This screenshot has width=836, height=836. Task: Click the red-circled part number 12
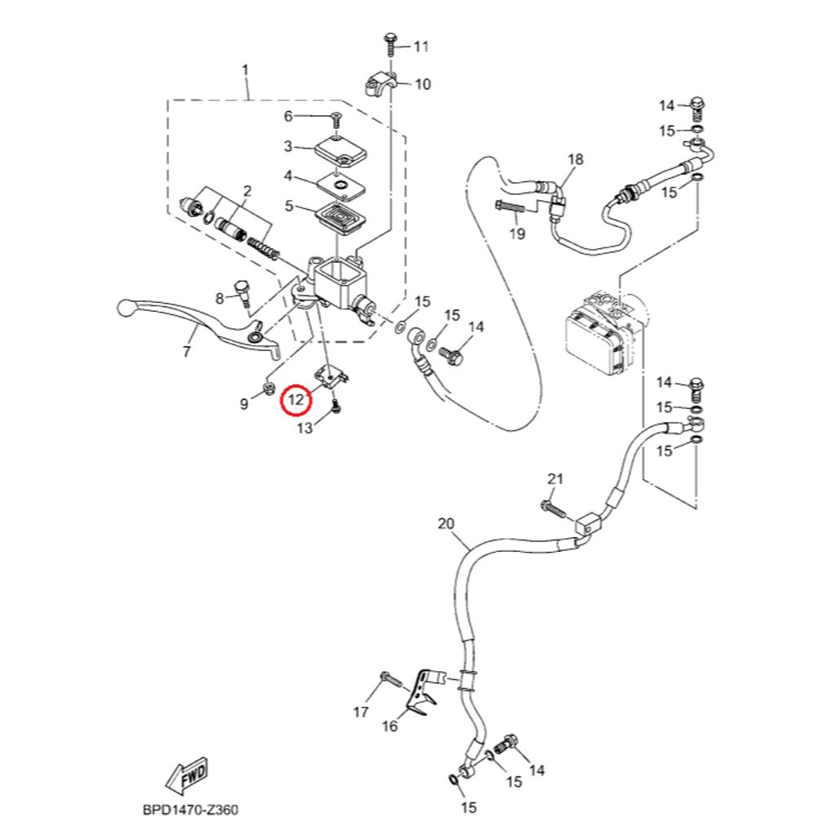click(x=295, y=400)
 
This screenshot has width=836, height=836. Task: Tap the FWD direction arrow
click(x=187, y=775)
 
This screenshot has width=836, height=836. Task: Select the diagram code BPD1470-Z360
click(x=190, y=811)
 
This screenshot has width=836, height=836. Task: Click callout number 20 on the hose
click(x=445, y=523)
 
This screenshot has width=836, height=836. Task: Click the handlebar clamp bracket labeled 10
click(x=381, y=85)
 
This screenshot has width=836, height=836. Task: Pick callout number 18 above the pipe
click(x=576, y=159)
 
